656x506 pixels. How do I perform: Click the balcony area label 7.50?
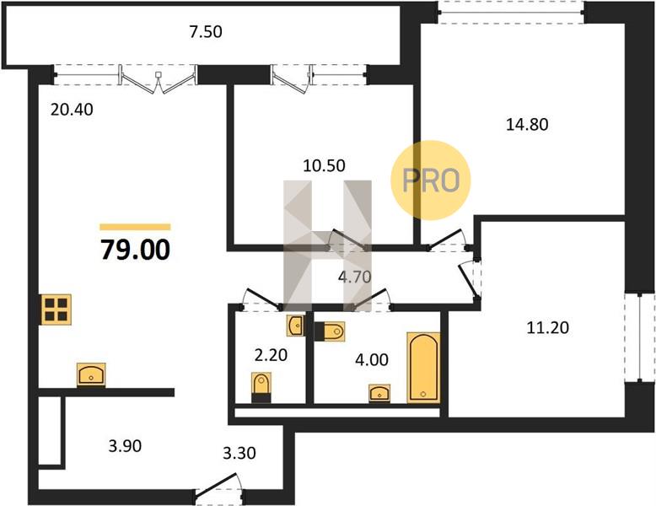tap(206, 32)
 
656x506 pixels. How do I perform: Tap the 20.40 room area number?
tap(72, 110)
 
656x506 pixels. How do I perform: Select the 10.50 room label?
tap(325, 166)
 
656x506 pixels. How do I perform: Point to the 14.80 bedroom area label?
tap(527, 124)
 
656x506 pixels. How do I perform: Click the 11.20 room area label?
tap(547, 328)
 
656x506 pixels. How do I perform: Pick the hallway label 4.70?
tap(355, 277)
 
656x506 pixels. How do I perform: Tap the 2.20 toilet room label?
tap(272, 355)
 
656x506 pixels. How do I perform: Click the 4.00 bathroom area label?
tap(372, 359)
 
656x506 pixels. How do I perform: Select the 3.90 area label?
tap(125, 446)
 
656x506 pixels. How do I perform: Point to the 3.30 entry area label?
tap(239, 453)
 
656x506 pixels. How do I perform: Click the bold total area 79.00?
tap(135, 250)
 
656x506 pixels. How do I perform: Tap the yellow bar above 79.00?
tap(135, 227)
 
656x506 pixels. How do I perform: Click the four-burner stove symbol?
tap(56, 310)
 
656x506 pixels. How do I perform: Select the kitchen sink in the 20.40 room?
tap(91, 374)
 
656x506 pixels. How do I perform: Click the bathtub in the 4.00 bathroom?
tap(423, 368)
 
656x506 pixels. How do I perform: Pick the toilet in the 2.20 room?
tap(261, 387)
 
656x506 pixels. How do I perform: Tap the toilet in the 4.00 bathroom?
tap(329, 331)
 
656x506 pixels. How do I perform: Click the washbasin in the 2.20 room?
tap(296, 326)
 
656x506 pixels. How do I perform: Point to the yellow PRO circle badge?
tap(431, 180)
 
